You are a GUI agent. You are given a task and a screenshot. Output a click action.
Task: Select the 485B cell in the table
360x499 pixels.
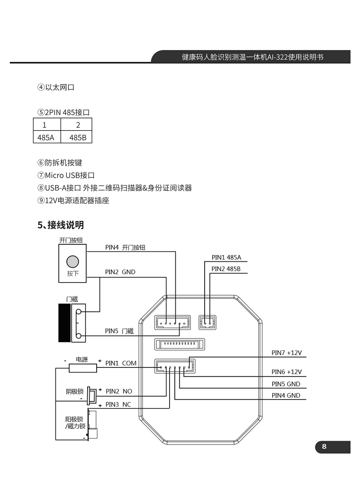click(x=78, y=138)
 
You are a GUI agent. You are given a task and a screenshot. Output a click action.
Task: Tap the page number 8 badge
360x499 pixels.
click(x=324, y=447)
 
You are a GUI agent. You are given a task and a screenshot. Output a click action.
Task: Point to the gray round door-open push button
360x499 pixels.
click(x=72, y=261)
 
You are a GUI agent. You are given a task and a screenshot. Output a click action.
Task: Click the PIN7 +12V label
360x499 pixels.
click(x=287, y=353)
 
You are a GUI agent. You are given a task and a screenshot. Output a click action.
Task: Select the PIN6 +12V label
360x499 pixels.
click(x=287, y=372)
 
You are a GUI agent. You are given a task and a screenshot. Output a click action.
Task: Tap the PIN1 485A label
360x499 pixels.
click(x=226, y=258)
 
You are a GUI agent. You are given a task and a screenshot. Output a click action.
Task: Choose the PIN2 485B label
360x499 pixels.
click(x=226, y=269)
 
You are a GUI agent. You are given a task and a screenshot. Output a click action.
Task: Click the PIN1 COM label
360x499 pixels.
click(x=121, y=363)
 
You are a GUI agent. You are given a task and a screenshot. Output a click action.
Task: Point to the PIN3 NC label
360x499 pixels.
click(x=118, y=404)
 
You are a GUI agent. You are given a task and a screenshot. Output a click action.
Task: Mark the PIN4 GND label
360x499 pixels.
click(x=286, y=395)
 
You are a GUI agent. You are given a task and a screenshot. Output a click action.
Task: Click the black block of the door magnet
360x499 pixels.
click(x=64, y=322)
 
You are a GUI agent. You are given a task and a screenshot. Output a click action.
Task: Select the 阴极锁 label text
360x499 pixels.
click(x=74, y=392)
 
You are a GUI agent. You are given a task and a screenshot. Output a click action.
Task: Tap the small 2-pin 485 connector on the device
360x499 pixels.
click(x=207, y=322)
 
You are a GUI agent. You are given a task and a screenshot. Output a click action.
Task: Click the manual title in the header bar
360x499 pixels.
click(x=252, y=57)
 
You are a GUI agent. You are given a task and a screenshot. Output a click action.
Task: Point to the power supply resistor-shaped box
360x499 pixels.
click(x=83, y=368)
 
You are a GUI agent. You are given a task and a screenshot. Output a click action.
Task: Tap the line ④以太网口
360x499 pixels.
click(x=56, y=87)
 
